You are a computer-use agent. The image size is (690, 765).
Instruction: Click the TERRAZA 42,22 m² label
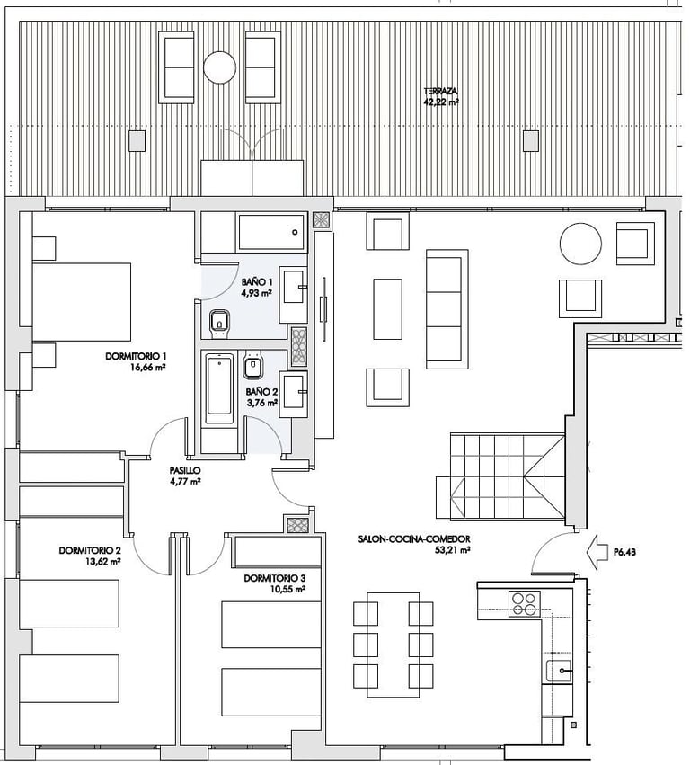point(441,96)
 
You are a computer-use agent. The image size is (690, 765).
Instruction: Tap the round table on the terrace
point(219,67)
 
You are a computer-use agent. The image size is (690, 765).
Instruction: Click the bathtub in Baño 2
point(219,389)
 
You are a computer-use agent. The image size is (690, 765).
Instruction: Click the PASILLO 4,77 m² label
point(185,476)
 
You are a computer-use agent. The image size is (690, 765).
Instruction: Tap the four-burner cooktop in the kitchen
point(524,603)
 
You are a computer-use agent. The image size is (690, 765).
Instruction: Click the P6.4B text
point(624,553)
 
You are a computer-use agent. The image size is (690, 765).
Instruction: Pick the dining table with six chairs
point(393,645)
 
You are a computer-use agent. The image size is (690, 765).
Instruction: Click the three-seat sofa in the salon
point(447,309)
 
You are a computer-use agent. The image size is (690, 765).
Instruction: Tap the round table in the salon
point(580,244)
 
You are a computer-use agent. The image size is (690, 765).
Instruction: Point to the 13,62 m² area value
point(102,561)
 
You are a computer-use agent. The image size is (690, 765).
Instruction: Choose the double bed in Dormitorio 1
point(82,301)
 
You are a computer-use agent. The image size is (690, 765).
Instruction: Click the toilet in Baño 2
point(252,364)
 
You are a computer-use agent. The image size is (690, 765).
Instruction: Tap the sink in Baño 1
point(293,294)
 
